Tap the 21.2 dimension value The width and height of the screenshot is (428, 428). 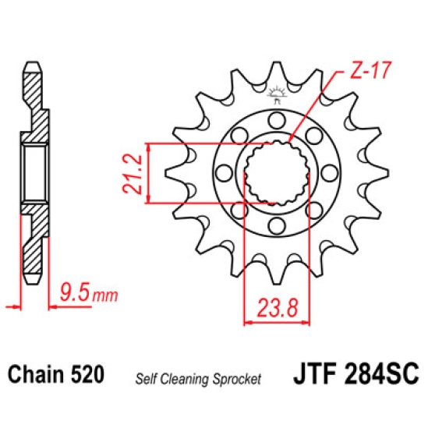coord(133,174)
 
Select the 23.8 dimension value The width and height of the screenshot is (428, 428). coord(277,308)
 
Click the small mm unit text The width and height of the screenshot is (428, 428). coord(105,295)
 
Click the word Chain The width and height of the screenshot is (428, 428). coord(37,373)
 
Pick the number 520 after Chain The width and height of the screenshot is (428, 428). coord(87,373)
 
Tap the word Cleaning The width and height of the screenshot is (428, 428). coord(185,379)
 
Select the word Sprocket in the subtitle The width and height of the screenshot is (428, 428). coord(237,379)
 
